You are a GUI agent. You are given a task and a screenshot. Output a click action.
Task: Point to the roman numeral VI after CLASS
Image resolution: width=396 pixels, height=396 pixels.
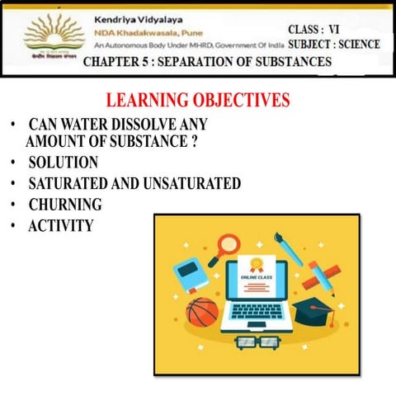coord(334,29)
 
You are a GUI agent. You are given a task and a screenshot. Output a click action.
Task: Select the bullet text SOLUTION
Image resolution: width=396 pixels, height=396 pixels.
coord(63,162)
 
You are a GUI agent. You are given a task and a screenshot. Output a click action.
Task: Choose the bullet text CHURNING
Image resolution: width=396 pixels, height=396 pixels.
coord(65,204)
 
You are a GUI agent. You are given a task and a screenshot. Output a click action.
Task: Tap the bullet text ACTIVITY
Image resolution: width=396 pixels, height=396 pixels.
coord(61,224)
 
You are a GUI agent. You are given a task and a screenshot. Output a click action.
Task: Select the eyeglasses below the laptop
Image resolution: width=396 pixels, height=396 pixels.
coord(257,341)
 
